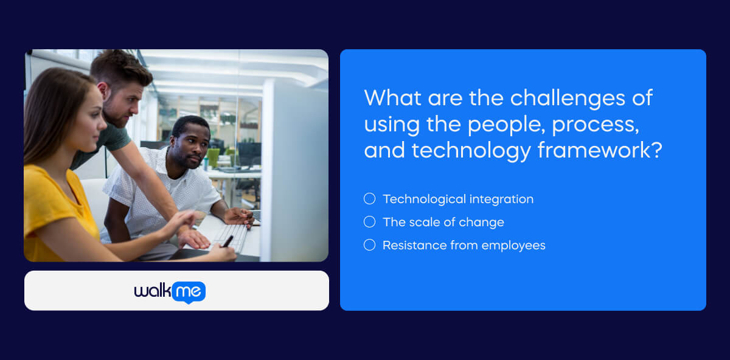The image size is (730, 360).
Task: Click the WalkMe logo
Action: pyautogui.click(x=170, y=291)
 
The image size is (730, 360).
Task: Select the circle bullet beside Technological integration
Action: pyautogui.click(x=369, y=199)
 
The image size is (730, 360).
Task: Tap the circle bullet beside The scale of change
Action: pyautogui.click(x=369, y=222)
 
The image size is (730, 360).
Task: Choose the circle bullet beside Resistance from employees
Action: pyautogui.click(x=369, y=245)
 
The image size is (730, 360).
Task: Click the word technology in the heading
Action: pyautogui.click(x=471, y=150)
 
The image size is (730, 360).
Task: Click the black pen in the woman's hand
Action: pyautogui.click(x=228, y=241)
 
